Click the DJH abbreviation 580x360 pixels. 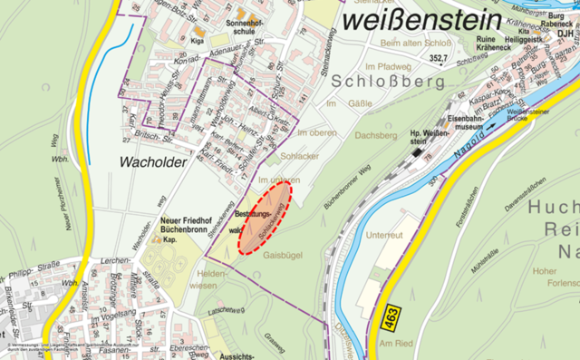566,33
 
